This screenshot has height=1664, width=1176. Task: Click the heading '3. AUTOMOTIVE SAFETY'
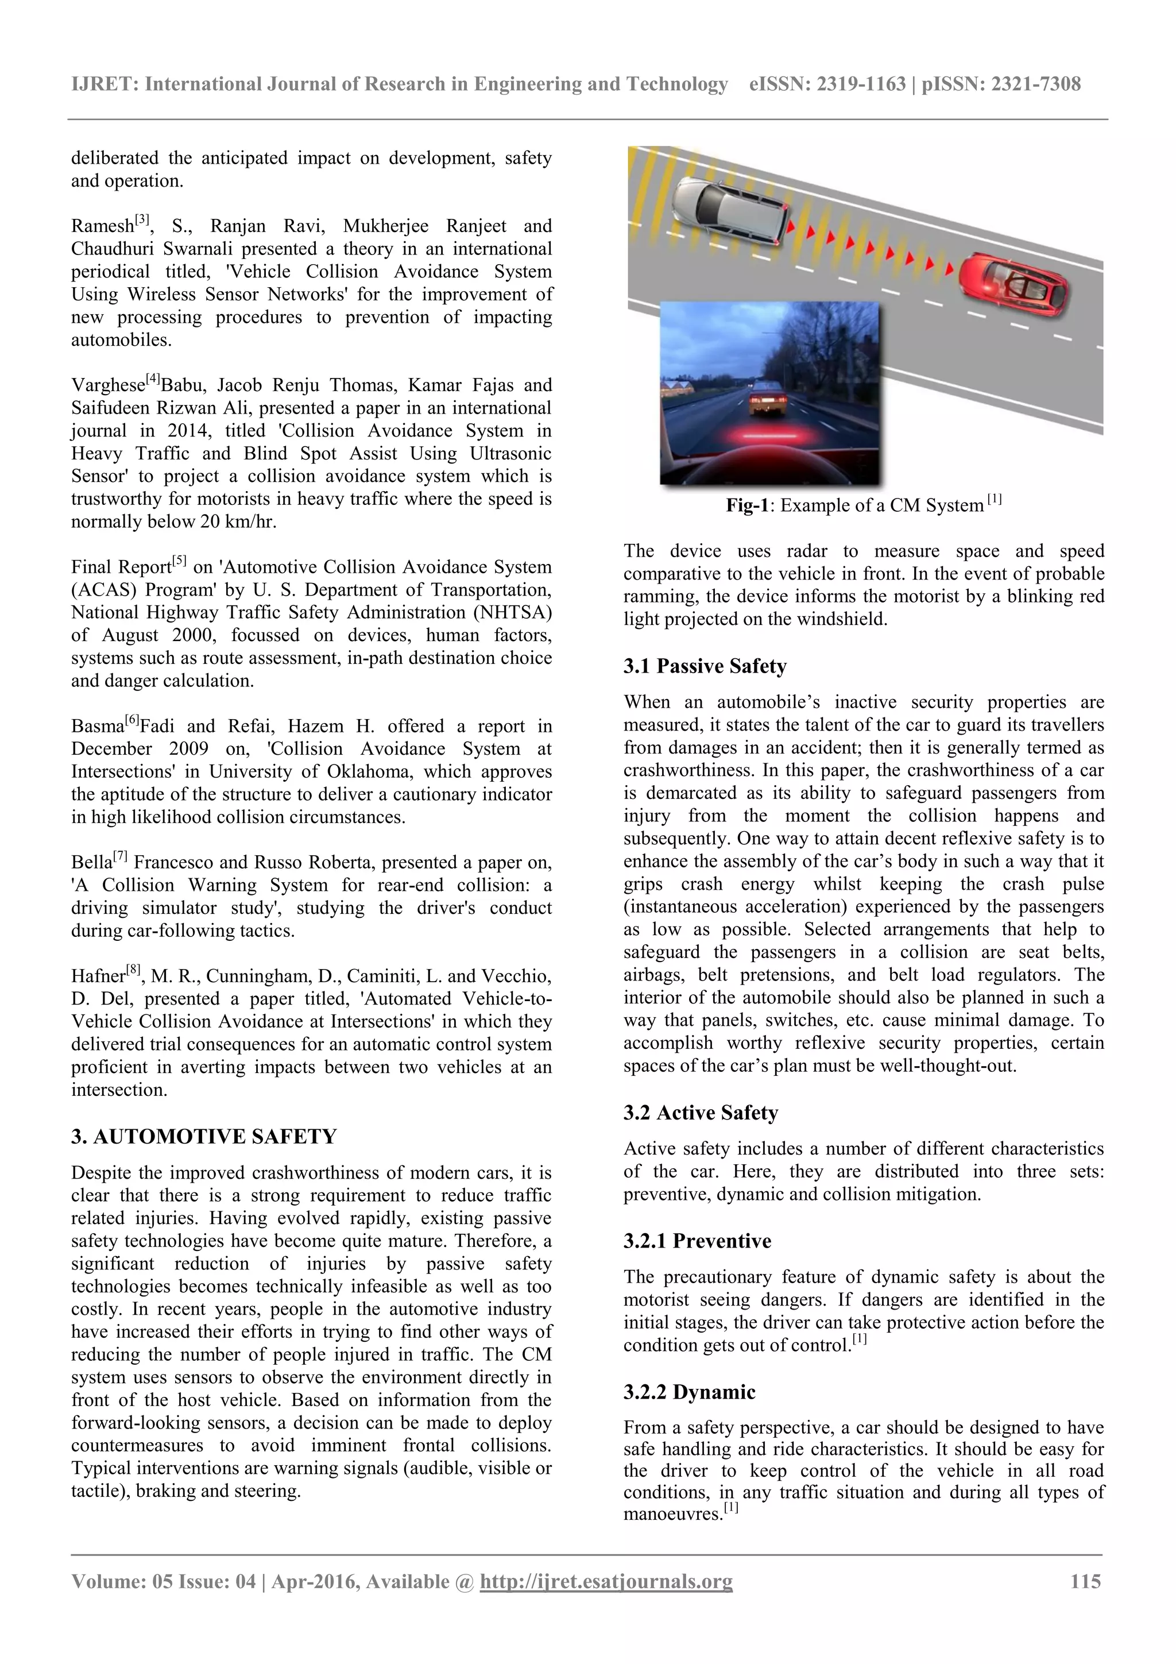(204, 1136)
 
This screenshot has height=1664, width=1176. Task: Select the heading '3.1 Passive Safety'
(705, 666)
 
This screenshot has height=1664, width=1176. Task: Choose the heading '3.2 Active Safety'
(700, 1113)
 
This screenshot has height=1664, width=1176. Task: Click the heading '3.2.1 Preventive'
(697, 1241)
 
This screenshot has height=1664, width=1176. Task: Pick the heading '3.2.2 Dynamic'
(688, 1392)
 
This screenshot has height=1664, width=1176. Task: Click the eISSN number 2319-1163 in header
(861, 85)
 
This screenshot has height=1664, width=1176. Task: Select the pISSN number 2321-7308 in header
(1035, 85)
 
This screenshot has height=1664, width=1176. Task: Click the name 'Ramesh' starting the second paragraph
(102, 226)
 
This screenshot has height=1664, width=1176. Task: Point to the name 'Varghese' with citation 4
(107, 385)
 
